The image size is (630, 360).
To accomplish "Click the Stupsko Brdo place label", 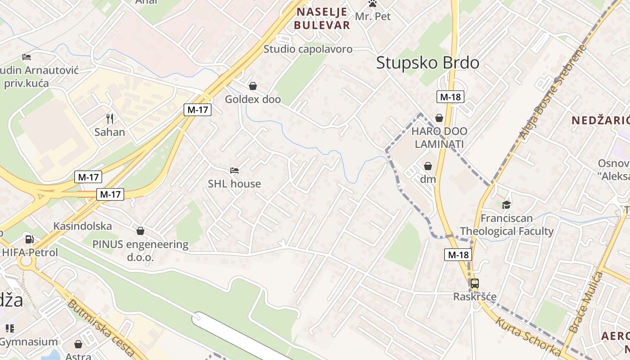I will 427,63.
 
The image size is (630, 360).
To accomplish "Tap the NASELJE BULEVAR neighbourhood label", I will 322,18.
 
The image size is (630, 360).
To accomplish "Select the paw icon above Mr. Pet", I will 373,4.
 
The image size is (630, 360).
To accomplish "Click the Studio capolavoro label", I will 308,49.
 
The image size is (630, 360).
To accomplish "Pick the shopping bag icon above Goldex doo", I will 253,86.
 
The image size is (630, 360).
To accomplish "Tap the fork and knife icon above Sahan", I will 110,119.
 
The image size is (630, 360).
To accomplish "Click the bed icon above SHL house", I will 234,171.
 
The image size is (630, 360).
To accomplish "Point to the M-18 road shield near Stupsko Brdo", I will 450,97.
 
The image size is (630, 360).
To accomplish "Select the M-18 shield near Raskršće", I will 459,255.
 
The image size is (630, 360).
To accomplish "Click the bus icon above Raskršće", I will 474,283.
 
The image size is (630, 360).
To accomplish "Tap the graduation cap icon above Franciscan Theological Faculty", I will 507,205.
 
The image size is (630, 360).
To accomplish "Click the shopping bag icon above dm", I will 427,166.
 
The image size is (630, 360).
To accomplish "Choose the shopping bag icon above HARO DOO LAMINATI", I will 439,118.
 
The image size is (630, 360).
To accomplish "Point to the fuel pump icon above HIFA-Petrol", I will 30,239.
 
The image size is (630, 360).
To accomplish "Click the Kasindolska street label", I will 82,226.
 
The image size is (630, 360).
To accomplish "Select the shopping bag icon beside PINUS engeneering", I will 140,231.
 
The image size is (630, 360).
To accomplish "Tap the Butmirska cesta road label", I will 101,328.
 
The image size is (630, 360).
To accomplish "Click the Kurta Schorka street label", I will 528,337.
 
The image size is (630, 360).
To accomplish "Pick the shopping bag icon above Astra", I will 78,345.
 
